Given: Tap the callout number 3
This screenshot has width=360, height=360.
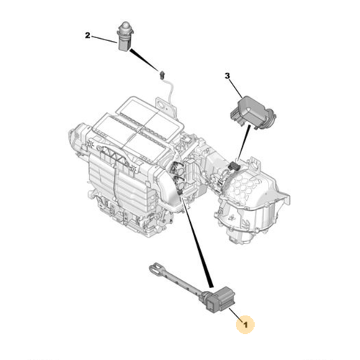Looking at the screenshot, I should click(227, 76).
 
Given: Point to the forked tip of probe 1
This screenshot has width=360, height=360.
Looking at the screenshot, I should click(153, 270).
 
